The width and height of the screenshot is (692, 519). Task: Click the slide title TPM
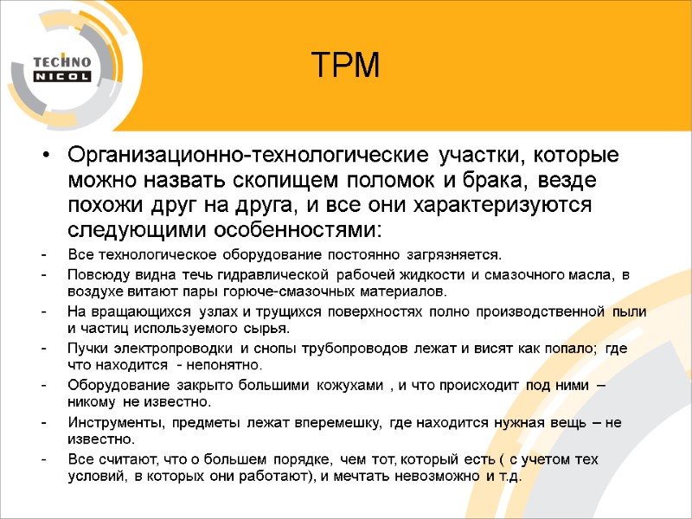pyautogui.click(x=345, y=65)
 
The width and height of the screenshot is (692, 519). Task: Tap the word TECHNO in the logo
pyautogui.click(x=61, y=61)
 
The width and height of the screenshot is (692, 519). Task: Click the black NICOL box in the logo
pyautogui.click(x=61, y=76)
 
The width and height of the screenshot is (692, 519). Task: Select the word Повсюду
pyautogui.click(x=93, y=275)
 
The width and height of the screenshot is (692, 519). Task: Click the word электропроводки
pyautogui.click(x=180, y=348)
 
